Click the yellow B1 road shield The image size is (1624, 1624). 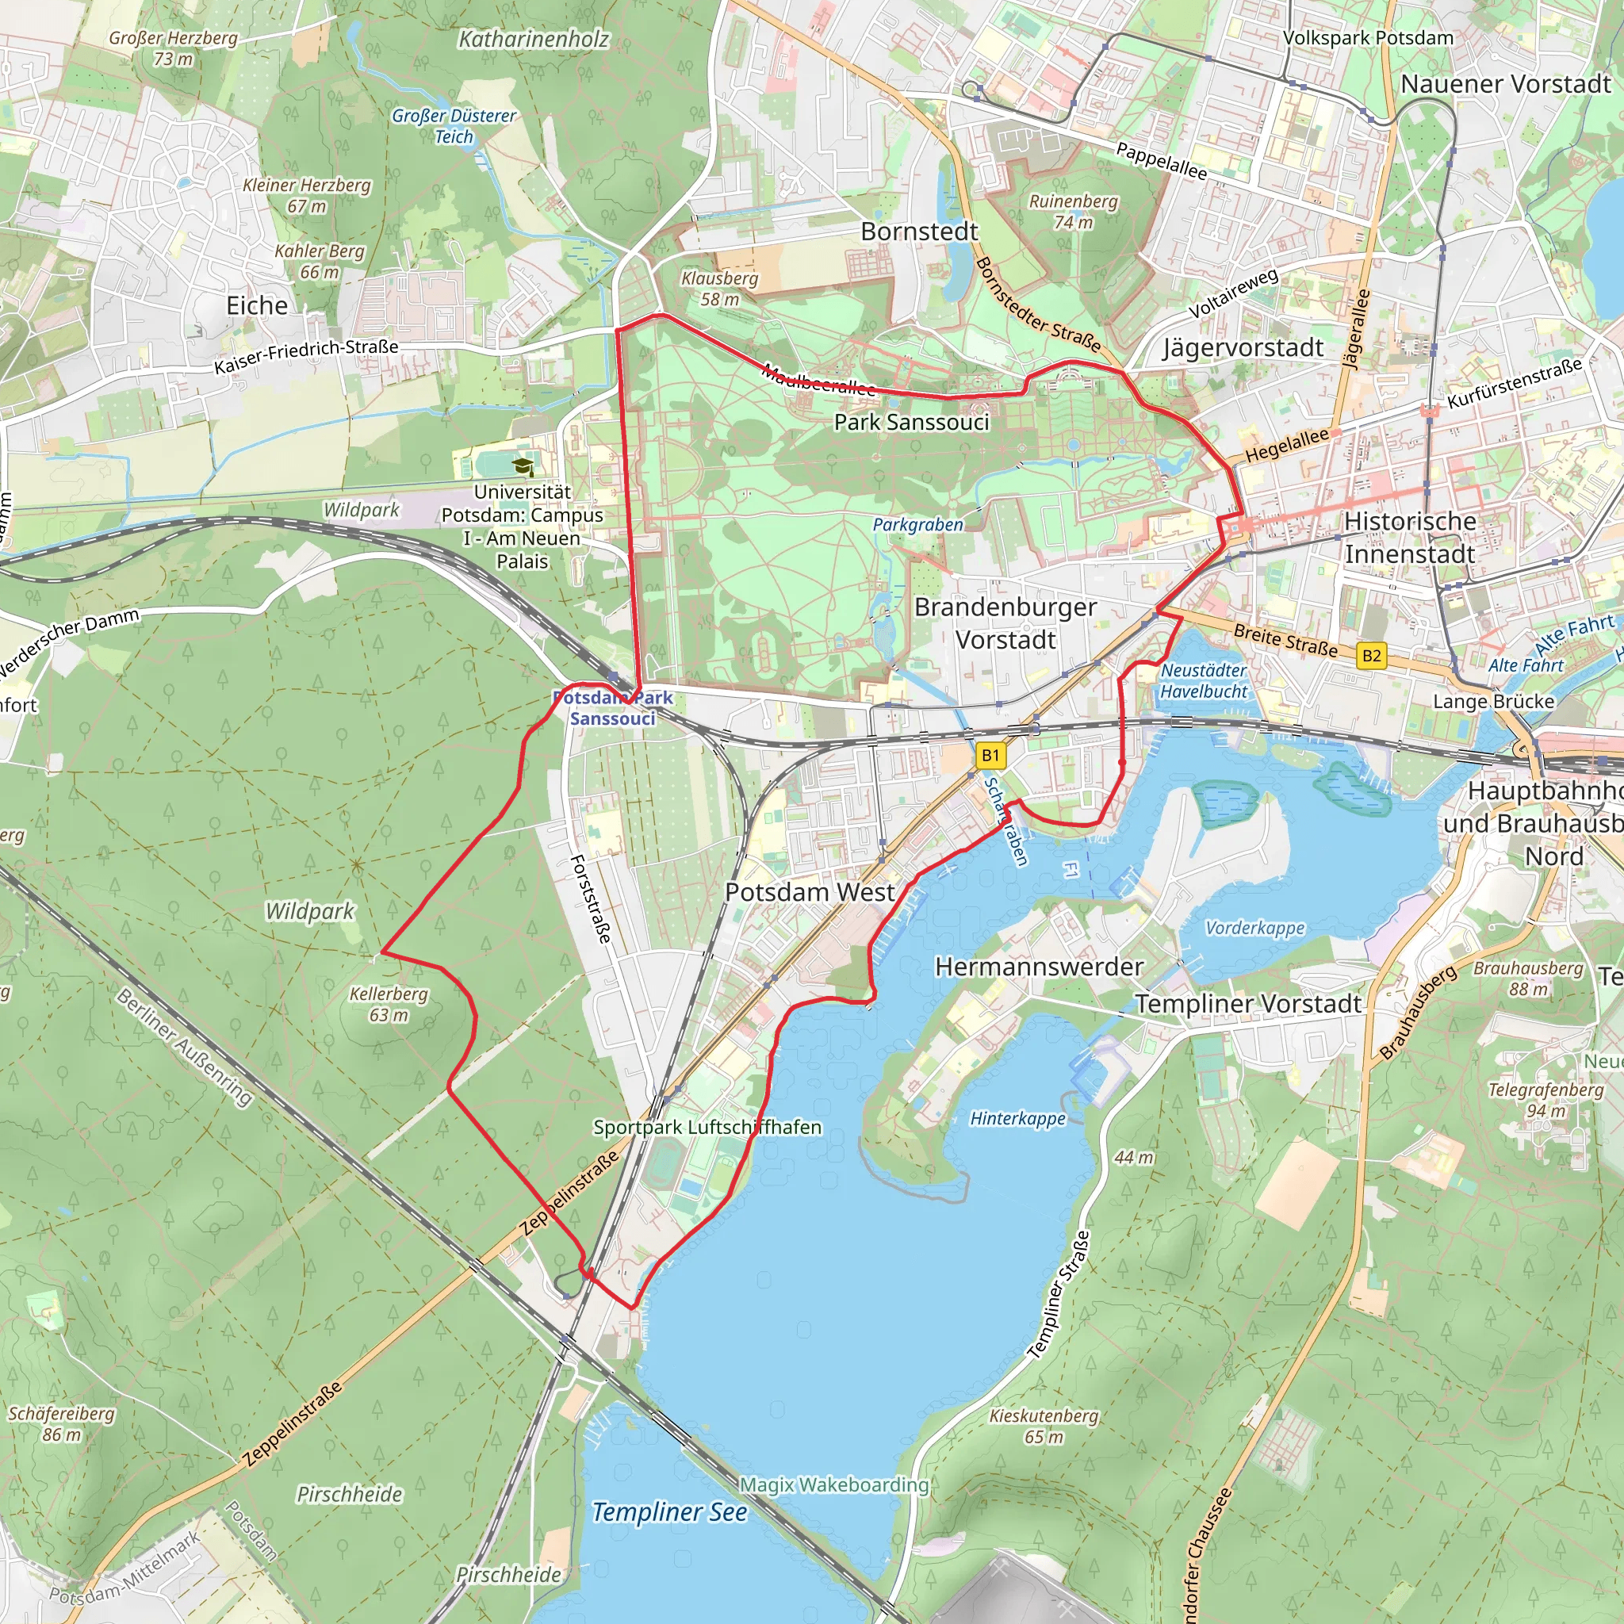pyautogui.click(x=991, y=755)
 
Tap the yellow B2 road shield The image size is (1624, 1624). pyautogui.click(x=1371, y=656)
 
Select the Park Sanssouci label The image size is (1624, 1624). pyautogui.click(x=911, y=422)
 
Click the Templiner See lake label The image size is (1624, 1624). pyautogui.click(x=669, y=1512)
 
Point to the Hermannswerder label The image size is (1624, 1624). pyautogui.click(x=1039, y=967)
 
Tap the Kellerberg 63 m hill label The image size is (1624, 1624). pyautogui.click(x=389, y=1005)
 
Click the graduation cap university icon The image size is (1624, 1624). pyautogui.click(x=523, y=466)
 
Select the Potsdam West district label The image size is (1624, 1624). pyautogui.click(x=810, y=892)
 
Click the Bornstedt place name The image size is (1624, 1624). pyautogui.click(x=920, y=232)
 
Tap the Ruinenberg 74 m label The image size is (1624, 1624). pyautogui.click(x=1074, y=212)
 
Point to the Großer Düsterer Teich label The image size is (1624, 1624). pyautogui.click(x=454, y=126)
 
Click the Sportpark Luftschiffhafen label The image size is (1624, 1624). pyautogui.click(x=707, y=1128)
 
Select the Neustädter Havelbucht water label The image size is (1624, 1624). pyautogui.click(x=1204, y=681)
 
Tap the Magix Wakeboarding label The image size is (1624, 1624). pyautogui.click(x=834, y=1484)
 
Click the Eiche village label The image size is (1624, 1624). pyautogui.click(x=257, y=305)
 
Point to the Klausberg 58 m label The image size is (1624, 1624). pyautogui.click(x=719, y=289)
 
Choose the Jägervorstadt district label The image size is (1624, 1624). pyautogui.click(x=1243, y=347)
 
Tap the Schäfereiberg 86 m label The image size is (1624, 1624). pyautogui.click(x=61, y=1424)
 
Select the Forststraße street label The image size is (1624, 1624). pyautogui.click(x=590, y=898)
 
